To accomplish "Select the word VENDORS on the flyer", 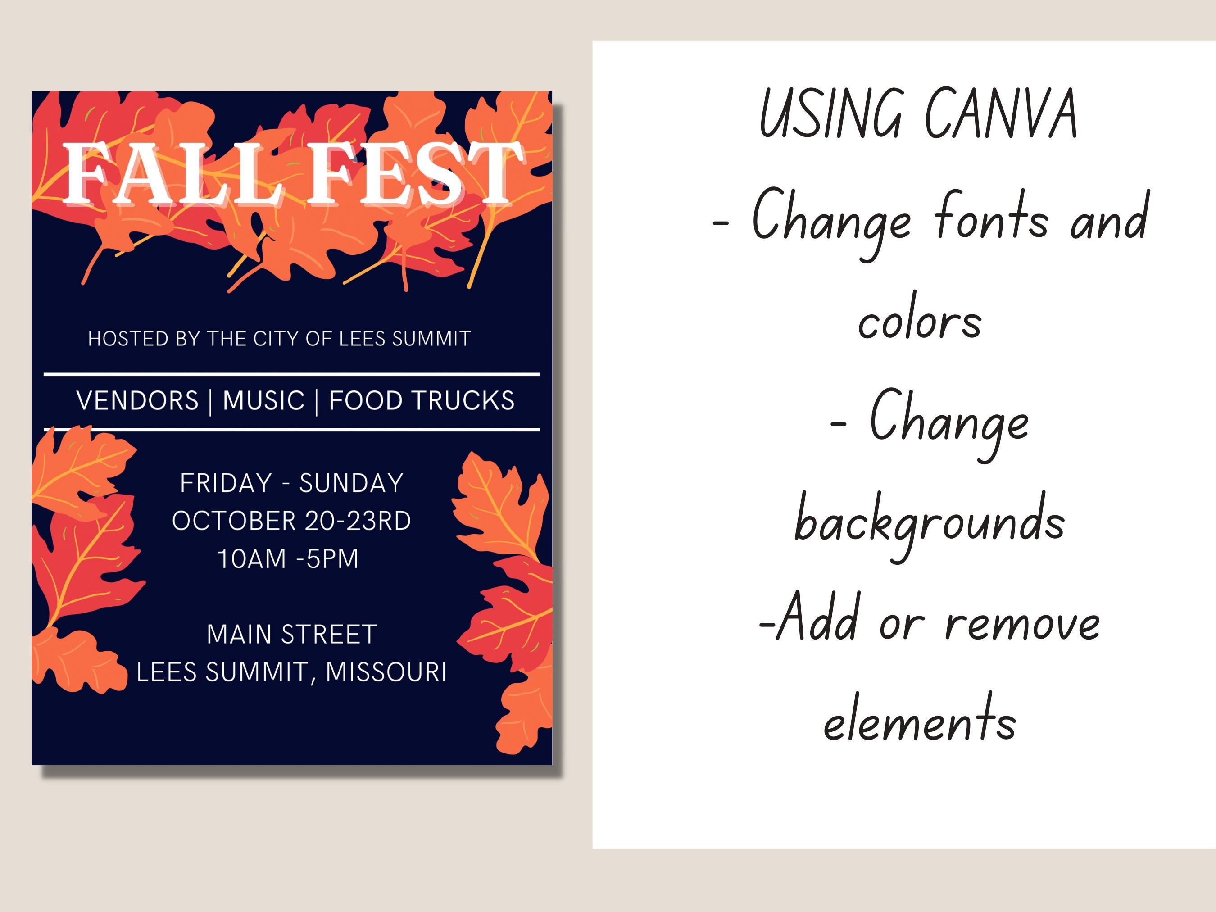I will point(137,400).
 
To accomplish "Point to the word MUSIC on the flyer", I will point(263,400).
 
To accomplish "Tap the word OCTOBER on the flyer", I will point(235,521).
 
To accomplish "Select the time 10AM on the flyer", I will point(252,558).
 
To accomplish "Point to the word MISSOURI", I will point(386,672).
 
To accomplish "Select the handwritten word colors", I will point(920,321).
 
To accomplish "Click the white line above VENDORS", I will point(291,374).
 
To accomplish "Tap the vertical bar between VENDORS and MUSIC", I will point(210,401).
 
